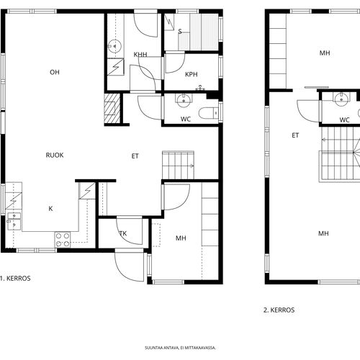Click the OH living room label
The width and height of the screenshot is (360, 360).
coord(55,72)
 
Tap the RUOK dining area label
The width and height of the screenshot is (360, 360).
coord(55,156)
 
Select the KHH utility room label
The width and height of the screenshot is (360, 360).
coord(140,55)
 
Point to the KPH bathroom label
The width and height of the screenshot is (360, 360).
coord(192,74)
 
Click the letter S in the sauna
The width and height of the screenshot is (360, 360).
coord(180,32)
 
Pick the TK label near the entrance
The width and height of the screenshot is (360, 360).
coord(123,233)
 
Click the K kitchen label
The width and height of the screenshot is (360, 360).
coord(50,209)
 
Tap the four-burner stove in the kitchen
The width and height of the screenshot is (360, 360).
coord(63,240)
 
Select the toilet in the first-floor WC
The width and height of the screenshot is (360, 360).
coord(209,113)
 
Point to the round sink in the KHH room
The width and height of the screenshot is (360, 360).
coord(114,46)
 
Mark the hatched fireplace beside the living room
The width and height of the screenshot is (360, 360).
coord(112,108)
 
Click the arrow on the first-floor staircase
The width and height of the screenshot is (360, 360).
coord(192,166)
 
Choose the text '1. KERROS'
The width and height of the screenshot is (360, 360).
coord(15,279)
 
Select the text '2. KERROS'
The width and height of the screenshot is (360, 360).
coord(279,310)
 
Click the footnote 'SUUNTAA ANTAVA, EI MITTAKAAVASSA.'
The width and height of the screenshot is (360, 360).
coord(180,348)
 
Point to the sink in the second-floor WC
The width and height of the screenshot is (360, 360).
coord(341,99)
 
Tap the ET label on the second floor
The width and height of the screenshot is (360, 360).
coord(295,135)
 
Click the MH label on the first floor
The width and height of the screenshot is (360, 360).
coord(181,238)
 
